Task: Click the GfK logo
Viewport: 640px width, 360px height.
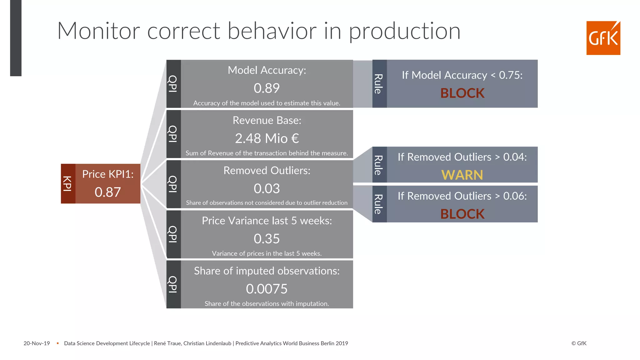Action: point(603,38)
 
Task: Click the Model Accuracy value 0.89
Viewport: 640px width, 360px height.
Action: point(267,88)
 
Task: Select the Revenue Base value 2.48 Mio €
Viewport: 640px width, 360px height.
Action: point(267,138)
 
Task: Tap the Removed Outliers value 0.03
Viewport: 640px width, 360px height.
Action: point(267,188)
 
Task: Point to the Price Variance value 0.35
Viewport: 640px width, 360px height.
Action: point(267,239)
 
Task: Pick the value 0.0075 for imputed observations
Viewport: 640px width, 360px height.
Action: point(267,289)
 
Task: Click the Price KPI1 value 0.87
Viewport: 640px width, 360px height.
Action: point(107,192)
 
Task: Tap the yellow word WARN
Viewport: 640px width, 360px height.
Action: point(462,175)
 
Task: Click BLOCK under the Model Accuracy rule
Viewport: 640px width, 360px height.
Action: point(462,93)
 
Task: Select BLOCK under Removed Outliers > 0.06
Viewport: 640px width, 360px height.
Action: point(462,214)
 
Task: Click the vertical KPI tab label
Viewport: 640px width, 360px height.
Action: point(68,184)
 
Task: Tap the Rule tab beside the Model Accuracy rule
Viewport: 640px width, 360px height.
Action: point(379,84)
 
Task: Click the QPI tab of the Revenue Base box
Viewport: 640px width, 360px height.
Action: point(173,134)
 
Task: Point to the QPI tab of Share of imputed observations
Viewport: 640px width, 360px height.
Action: point(173,284)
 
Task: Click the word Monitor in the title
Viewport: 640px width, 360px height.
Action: point(98,31)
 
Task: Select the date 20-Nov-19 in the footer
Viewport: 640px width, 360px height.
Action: point(37,343)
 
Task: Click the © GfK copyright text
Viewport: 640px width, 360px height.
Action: point(579,343)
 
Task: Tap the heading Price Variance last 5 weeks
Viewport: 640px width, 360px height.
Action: point(267,221)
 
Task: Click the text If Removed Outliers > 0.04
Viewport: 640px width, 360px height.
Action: point(462,157)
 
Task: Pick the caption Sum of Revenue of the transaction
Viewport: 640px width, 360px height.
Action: point(267,153)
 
